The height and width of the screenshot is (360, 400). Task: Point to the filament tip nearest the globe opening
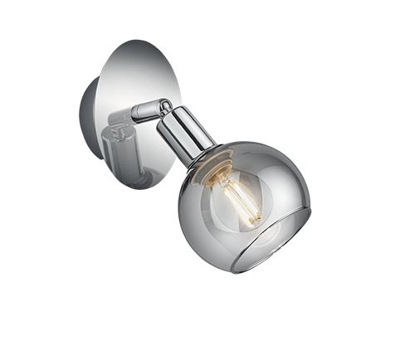253,219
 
